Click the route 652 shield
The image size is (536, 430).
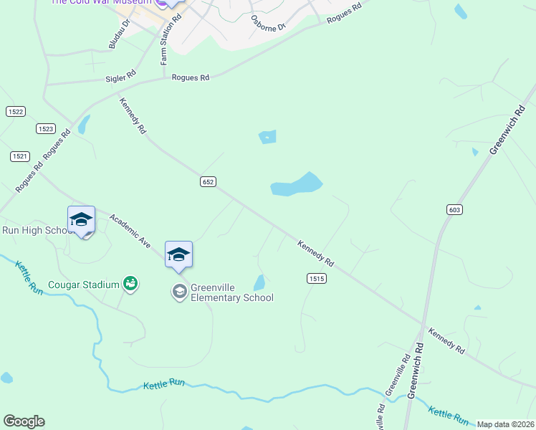pos(208,182)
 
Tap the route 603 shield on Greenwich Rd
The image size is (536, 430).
pos(454,209)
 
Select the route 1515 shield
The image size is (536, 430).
pos(317,278)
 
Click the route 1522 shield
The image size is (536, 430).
pos(16,111)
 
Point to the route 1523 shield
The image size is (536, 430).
pos(46,128)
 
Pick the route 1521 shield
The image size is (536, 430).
pos(20,156)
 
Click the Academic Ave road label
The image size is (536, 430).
pos(130,231)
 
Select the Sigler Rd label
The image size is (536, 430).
pos(120,75)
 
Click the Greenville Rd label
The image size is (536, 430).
pos(396,376)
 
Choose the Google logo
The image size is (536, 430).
pos(24,421)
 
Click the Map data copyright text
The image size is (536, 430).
pos(506,424)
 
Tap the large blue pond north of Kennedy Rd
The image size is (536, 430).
pos(295,185)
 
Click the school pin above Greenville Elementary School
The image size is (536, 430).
pos(179,255)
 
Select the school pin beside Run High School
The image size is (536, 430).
pos(81,220)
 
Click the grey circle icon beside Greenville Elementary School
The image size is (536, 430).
pos(178,292)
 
